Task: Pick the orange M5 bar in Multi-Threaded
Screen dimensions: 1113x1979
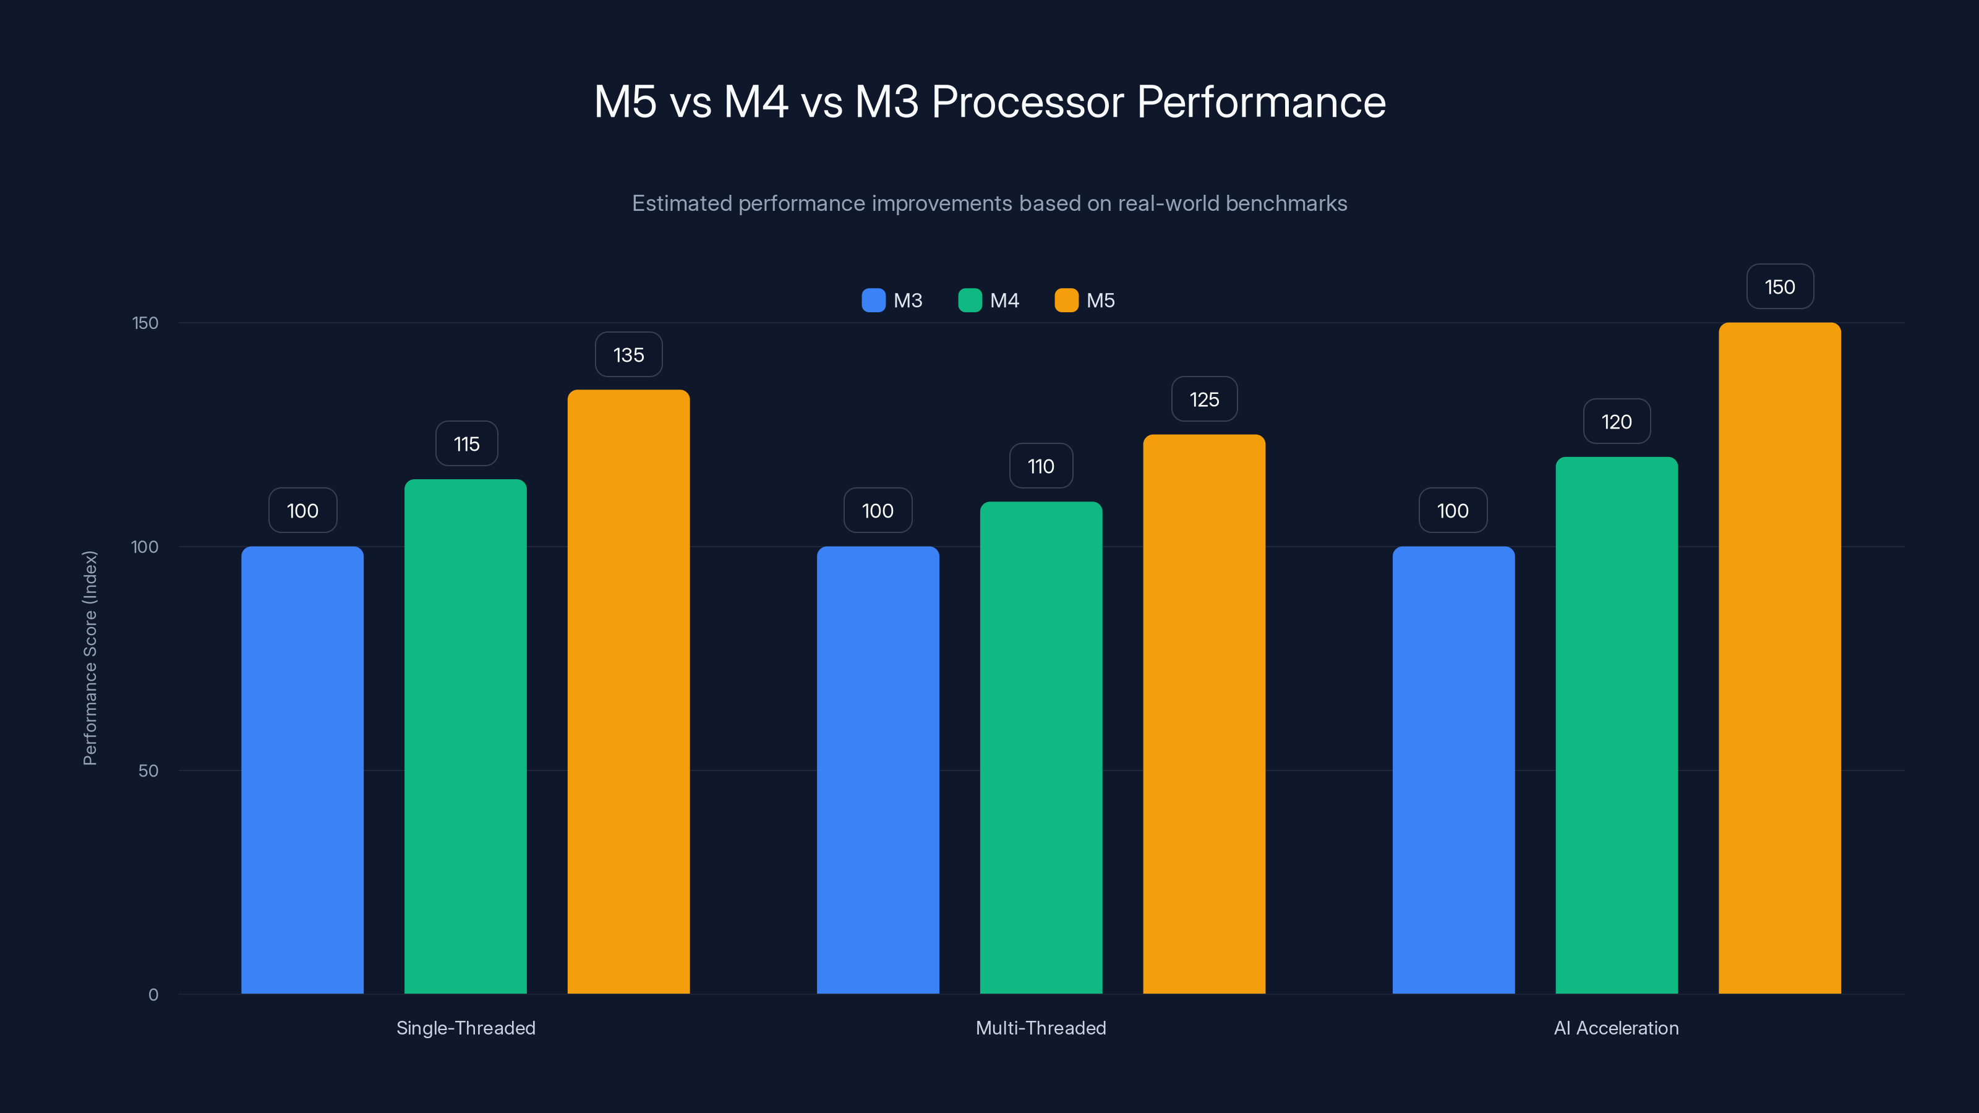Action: pos(1204,714)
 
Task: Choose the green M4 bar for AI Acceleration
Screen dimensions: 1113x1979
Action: pos(1617,725)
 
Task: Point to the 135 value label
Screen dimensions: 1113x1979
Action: pos(628,355)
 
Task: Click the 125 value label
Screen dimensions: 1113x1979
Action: pos(1204,399)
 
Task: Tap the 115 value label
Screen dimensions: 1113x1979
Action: pos(466,444)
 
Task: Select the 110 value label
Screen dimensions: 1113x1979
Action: pos(1041,466)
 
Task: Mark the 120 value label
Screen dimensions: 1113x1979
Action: pos(1617,422)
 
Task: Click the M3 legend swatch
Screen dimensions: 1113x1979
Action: pos(873,301)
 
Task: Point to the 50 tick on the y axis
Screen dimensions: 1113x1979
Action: pos(148,770)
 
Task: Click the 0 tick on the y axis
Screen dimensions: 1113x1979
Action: pos(153,995)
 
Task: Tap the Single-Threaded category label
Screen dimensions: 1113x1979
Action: pos(466,1028)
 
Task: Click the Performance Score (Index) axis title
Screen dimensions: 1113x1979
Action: pos(90,659)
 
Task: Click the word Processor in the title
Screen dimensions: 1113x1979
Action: pos(1027,101)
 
